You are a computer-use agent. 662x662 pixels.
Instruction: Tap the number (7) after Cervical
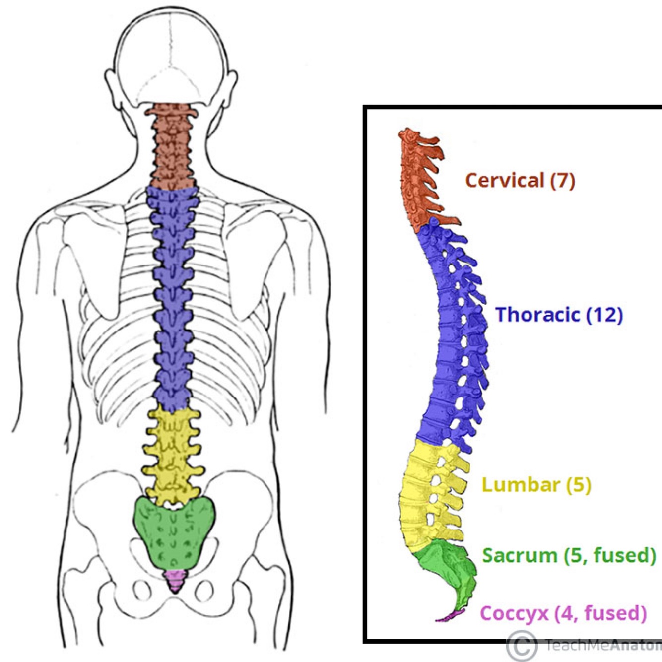[562, 180]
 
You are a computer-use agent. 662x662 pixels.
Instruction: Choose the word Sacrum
[520, 555]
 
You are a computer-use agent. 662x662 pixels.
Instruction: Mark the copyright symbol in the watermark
[522, 645]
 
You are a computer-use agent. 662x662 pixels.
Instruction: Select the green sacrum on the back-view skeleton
[174, 531]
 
